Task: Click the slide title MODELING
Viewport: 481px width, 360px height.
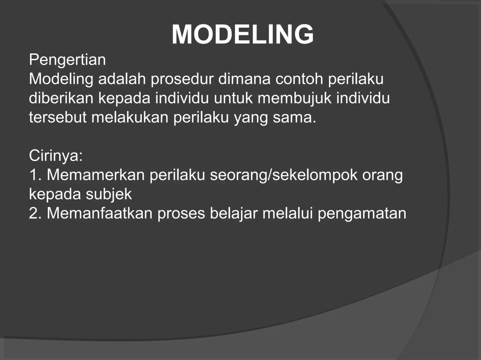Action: pyautogui.click(x=243, y=34)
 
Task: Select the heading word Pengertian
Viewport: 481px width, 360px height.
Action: pyautogui.click(x=67, y=60)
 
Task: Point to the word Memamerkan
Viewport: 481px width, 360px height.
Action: pyautogui.click(x=95, y=175)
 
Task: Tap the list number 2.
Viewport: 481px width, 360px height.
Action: pyautogui.click(x=34, y=213)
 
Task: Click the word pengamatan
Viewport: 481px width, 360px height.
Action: pyautogui.click(x=362, y=213)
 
